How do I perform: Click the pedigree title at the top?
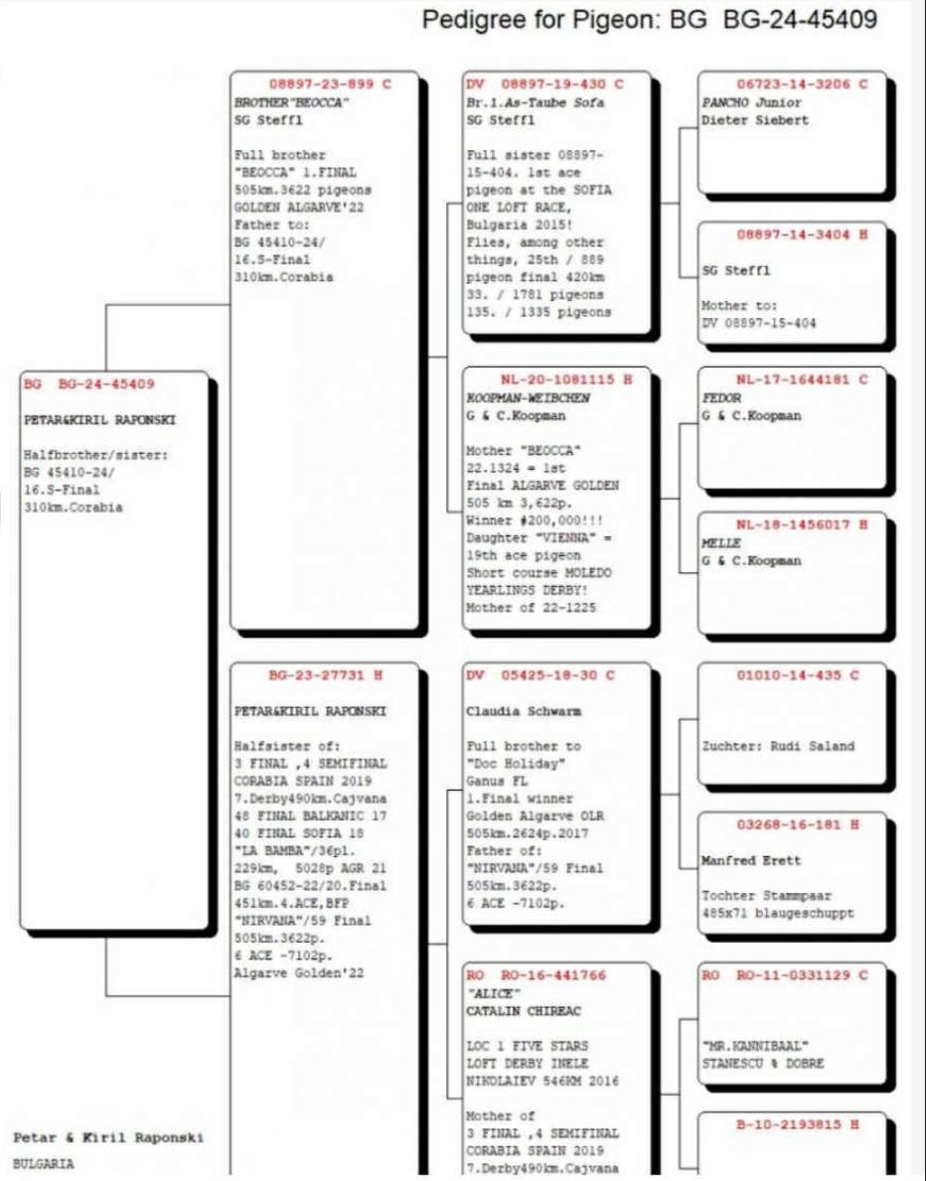point(650,20)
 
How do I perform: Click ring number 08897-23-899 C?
point(330,84)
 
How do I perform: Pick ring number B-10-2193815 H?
point(798,1124)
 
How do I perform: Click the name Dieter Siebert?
point(741,121)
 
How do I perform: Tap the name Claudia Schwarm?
point(510,712)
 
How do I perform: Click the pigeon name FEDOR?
point(715,397)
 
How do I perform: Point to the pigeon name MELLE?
point(715,543)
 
